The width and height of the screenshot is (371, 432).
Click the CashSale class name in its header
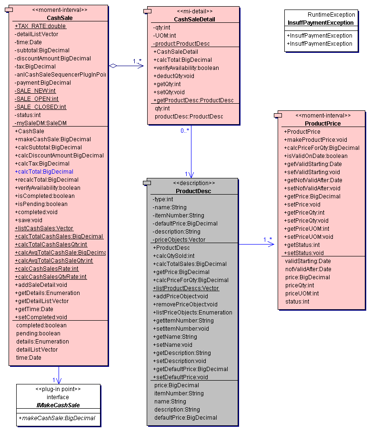[x=60, y=18]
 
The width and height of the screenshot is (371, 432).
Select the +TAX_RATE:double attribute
[x=40, y=26]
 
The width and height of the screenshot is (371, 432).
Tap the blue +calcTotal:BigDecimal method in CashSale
[x=44, y=172]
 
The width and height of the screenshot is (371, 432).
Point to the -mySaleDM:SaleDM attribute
[x=40, y=123]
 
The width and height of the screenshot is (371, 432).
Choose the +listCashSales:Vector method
[x=44, y=228]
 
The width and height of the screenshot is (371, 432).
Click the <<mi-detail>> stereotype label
[x=195, y=11]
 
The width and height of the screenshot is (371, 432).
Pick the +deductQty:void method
[x=174, y=76]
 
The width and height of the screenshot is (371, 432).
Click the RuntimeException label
[x=331, y=15]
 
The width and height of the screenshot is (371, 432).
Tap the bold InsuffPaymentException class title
[x=321, y=22]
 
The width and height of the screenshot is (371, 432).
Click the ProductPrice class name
[x=323, y=123]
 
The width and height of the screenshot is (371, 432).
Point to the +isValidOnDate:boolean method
[x=316, y=156]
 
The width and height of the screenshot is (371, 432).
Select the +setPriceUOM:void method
[x=309, y=236]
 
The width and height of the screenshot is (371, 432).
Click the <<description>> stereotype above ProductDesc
[x=194, y=183]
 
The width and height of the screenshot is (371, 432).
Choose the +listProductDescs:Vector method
[x=186, y=288]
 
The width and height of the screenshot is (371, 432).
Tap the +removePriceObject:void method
[x=185, y=304]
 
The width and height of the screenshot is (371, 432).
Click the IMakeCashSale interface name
[x=58, y=405]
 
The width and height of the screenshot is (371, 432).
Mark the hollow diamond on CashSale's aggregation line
[x=113, y=66]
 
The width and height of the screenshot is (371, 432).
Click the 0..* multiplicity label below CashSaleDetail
[x=185, y=130]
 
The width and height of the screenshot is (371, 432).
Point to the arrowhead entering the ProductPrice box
[x=271, y=244]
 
